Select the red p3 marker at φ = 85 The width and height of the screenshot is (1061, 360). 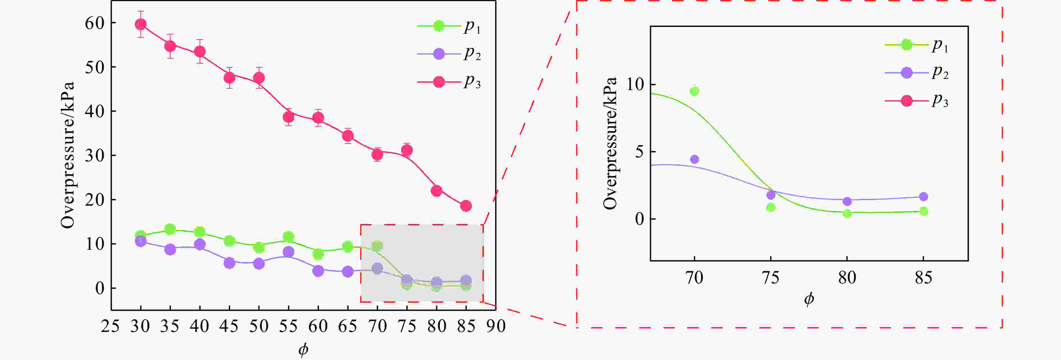(x=466, y=206)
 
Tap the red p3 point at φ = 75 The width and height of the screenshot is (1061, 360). (x=407, y=150)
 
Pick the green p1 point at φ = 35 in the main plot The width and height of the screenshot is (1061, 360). (x=170, y=229)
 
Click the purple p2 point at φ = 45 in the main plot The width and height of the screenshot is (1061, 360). (x=229, y=263)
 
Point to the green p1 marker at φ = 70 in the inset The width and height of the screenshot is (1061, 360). (x=694, y=91)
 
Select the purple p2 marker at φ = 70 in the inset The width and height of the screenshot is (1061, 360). (x=694, y=159)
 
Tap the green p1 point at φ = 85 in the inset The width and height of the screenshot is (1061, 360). (x=923, y=211)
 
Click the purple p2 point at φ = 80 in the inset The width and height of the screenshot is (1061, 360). (x=847, y=201)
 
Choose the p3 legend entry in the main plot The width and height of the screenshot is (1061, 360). (x=449, y=82)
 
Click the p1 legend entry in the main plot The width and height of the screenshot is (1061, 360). (x=449, y=26)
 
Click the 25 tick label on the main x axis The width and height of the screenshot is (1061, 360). (x=110, y=326)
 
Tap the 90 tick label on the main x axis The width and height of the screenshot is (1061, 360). (x=496, y=326)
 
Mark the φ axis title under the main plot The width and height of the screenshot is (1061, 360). (x=303, y=349)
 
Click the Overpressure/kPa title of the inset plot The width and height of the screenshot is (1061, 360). (x=610, y=143)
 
